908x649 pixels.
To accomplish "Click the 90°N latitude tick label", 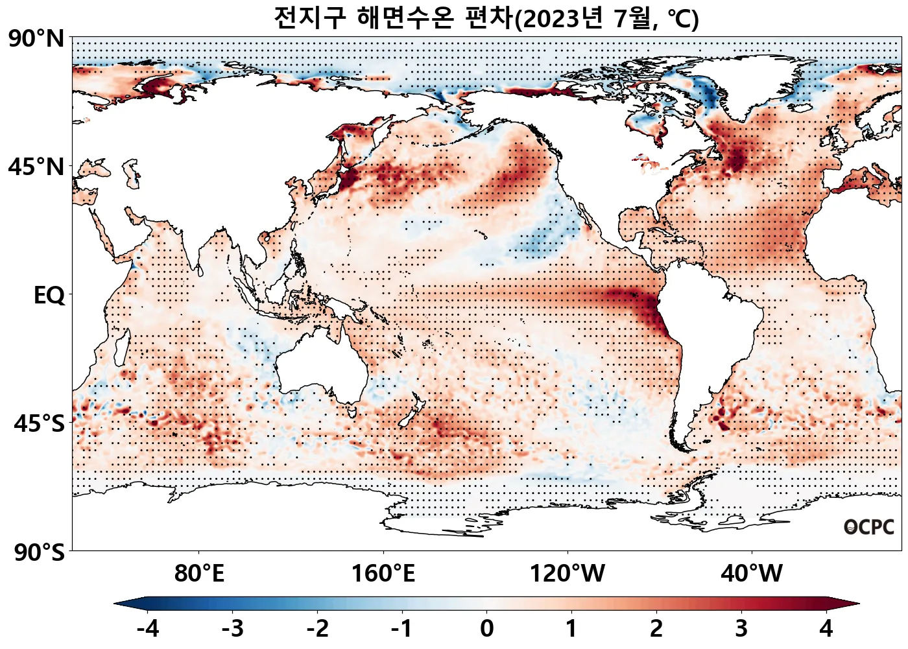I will (x=36, y=39).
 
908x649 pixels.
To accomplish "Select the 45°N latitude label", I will (x=36, y=167).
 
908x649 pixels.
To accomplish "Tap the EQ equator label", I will (x=49, y=296).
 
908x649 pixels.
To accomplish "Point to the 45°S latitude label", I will (x=39, y=423).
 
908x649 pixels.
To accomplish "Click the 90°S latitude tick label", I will (x=39, y=552).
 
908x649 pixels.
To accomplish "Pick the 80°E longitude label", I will (x=199, y=574).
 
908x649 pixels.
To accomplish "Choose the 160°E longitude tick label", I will (x=383, y=574).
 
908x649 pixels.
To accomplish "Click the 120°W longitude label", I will (x=567, y=574).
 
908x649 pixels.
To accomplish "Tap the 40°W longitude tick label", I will (x=752, y=574).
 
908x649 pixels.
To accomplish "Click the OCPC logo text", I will (x=869, y=527).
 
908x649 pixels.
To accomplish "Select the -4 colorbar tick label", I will (x=148, y=628).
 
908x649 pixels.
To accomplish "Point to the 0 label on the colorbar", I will (x=486, y=628).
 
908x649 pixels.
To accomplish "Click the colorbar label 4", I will (x=826, y=628).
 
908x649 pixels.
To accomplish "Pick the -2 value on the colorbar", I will (x=318, y=628).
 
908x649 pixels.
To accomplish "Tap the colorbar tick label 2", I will (x=656, y=628).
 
